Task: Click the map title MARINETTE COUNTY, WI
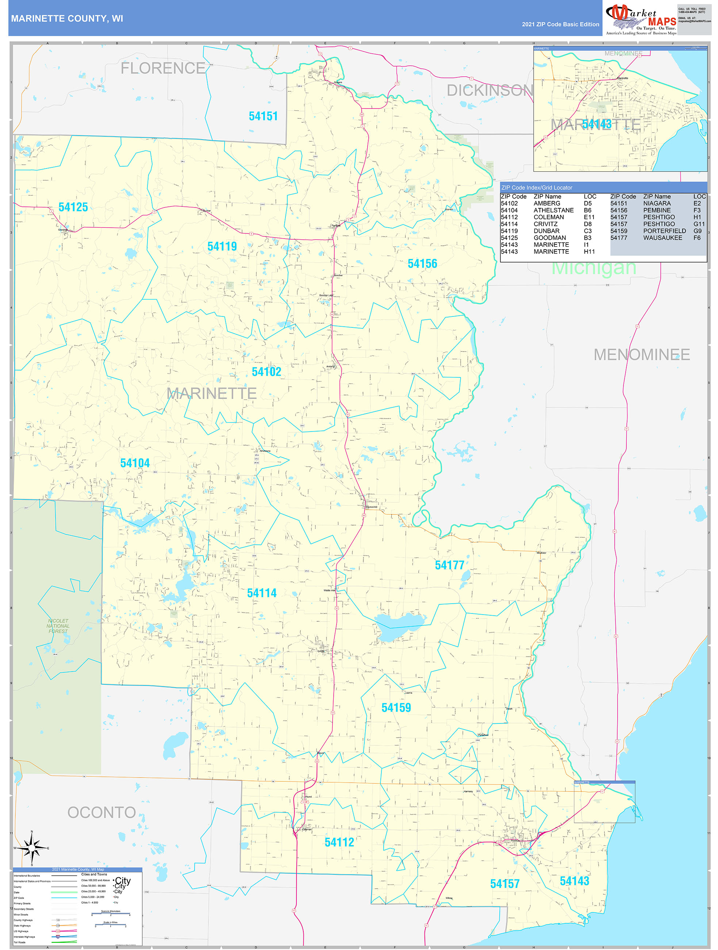click(67, 19)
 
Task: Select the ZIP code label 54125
click(73, 208)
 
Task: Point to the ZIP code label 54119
click(222, 247)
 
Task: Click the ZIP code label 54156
click(422, 264)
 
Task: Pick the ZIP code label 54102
click(266, 372)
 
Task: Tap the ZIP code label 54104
click(135, 463)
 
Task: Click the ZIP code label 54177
click(449, 565)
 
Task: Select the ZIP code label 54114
click(261, 593)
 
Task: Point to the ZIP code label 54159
click(396, 708)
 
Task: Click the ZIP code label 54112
click(339, 843)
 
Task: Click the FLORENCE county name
click(163, 68)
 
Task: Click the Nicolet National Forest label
click(58, 626)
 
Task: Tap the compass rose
click(31, 848)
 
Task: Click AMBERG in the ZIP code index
click(546, 204)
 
